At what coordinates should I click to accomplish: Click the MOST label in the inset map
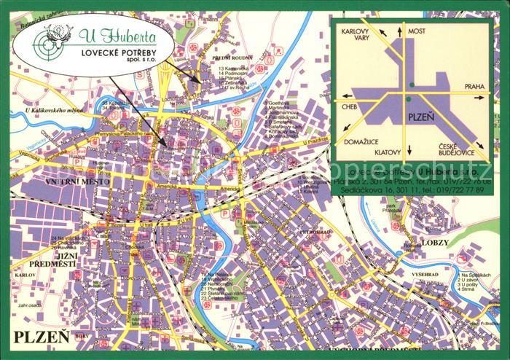point(417,31)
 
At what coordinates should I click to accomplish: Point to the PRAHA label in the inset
point(474,87)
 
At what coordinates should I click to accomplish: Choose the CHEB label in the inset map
point(349,106)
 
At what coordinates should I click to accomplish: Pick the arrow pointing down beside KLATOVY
point(409,151)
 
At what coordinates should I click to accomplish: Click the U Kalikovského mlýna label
point(50,110)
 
